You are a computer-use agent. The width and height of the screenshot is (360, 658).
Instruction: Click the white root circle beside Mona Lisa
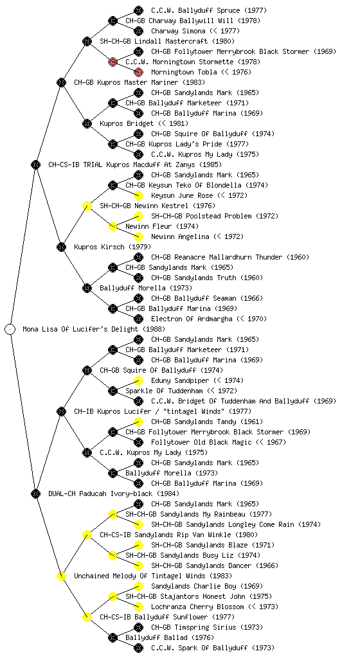point(10,329)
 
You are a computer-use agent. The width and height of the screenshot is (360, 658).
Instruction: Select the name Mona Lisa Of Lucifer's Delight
point(94,329)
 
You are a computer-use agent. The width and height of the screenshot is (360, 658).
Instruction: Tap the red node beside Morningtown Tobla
point(138,72)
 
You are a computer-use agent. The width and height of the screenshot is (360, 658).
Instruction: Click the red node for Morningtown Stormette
point(113,62)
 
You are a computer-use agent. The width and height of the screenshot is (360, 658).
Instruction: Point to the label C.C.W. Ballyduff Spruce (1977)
point(208,10)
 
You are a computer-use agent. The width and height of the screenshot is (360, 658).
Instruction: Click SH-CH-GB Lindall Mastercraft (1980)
point(167,41)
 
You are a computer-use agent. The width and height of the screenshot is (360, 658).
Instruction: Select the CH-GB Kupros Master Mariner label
point(139,82)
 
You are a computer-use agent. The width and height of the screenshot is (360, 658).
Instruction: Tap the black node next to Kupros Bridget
point(87,123)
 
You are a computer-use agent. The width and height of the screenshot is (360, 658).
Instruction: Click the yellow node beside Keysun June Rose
point(138,195)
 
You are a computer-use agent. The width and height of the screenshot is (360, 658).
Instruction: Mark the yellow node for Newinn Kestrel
point(87,206)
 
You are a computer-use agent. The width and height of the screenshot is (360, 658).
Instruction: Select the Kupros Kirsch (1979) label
point(113,247)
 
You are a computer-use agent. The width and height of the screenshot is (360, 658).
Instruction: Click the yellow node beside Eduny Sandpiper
point(138,380)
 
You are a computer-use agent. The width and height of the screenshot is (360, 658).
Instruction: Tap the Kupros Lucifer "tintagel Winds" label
point(163,411)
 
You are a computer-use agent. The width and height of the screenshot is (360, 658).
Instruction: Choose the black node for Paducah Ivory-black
point(35,493)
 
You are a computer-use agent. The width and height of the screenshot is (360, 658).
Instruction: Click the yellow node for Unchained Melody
point(61,576)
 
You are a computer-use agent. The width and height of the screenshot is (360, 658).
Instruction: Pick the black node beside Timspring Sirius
point(138,627)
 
